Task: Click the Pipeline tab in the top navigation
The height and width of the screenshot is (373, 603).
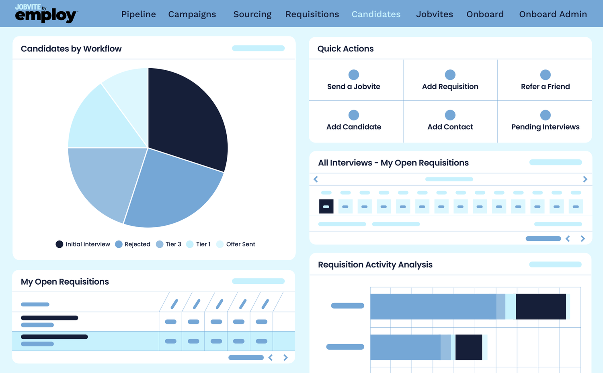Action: click(138, 14)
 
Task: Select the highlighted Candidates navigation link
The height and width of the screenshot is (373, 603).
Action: click(376, 14)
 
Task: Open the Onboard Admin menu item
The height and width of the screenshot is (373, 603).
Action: click(553, 14)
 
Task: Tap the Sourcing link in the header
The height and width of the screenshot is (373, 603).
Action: click(252, 14)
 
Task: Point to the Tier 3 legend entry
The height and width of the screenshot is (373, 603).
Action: click(168, 244)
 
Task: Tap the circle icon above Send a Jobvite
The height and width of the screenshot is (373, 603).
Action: click(353, 75)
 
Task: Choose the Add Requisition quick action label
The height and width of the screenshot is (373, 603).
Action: click(450, 87)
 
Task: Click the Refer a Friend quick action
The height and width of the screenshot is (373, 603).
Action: click(545, 86)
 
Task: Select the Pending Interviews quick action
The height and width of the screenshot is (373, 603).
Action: click(545, 126)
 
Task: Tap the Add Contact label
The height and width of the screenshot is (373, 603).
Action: click(450, 127)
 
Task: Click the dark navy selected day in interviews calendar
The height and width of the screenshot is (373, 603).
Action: click(326, 206)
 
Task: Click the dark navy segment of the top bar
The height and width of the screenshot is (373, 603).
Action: click(541, 307)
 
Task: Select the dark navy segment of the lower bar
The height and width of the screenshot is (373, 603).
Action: click(468, 347)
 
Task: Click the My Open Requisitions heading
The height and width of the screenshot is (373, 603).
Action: click(65, 282)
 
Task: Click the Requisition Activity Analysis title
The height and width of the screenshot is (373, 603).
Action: click(375, 265)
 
